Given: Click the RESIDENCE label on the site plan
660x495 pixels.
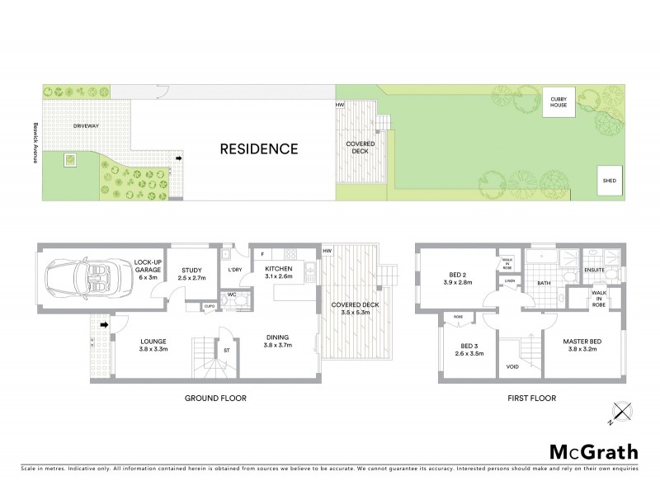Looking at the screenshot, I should tap(257, 149).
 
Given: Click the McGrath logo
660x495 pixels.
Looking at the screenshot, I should tap(593, 451).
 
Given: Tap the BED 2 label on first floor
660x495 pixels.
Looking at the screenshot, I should tap(458, 277).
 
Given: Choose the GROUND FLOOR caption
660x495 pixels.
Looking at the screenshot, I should tap(217, 398).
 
